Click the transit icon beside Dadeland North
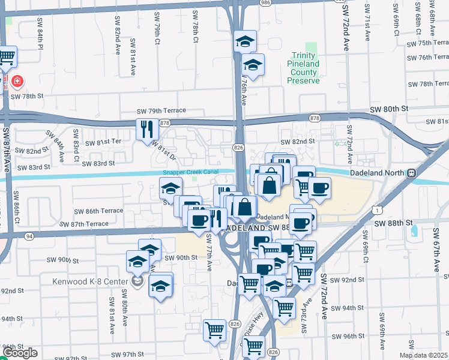click(x=412, y=173)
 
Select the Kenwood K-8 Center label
click(x=98, y=281)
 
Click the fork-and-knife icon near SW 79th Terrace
click(x=147, y=128)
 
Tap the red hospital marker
click(x=17, y=80)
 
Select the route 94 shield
click(x=29, y=236)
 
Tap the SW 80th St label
click(x=388, y=109)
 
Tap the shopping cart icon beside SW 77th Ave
click(x=214, y=329)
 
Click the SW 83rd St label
click(x=98, y=163)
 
